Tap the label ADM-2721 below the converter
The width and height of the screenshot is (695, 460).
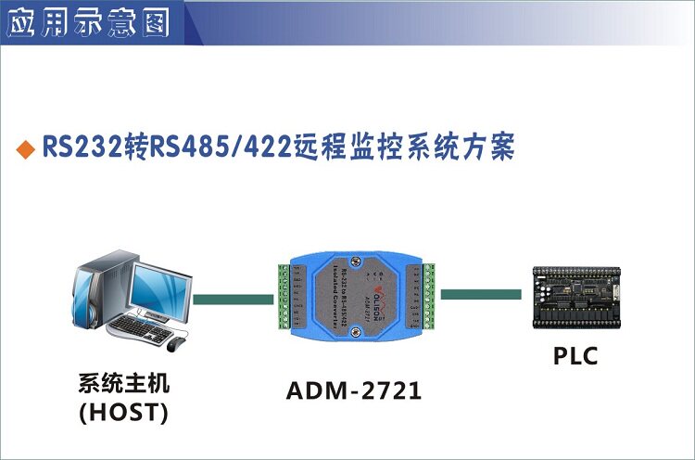pyautogui.click(x=353, y=391)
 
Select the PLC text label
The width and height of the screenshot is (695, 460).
pyautogui.click(x=576, y=355)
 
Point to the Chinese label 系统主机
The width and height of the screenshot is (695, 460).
pyautogui.click(x=124, y=383)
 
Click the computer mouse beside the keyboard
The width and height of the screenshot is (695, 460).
pyautogui.click(x=176, y=343)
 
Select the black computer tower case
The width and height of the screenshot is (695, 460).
pyautogui.click(x=101, y=288)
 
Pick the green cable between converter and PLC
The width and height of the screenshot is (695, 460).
pyautogui.click(x=480, y=294)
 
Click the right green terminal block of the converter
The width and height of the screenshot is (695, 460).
pyautogui.click(x=429, y=295)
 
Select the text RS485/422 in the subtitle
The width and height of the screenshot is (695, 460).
pyautogui.click(x=205, y=148)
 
